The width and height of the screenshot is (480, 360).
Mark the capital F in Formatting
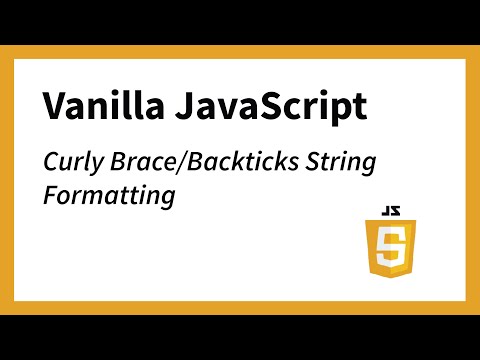pyautogui.click(x=50, y=194)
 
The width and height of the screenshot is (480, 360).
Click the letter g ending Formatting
pyautogui.click(x=167, y=198)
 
